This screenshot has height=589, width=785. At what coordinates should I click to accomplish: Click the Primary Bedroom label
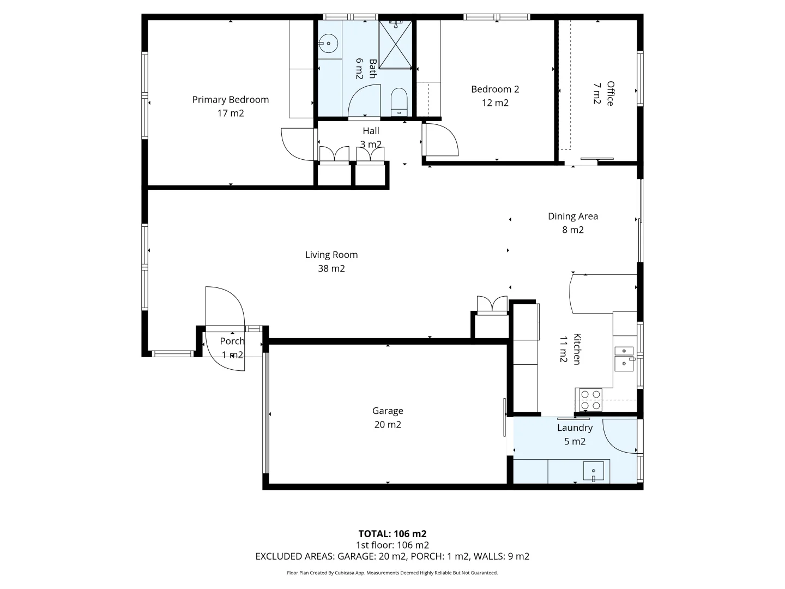click(230, 100)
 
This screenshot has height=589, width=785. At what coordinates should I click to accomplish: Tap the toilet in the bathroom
click(399, 103)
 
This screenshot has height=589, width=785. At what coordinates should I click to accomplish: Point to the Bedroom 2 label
click(495, 89)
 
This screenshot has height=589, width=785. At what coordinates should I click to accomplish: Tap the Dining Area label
click(572, 217)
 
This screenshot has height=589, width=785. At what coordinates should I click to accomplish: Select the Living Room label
click(331, 255)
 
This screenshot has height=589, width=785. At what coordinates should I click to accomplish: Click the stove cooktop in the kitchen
click(590, 399)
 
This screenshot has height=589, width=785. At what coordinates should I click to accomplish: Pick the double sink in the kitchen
click(624, 357)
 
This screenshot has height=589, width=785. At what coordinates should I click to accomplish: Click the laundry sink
click(593, 470)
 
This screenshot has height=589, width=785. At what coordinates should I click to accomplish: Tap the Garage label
click(388, 411)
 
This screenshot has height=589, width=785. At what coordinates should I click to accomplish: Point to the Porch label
click(232, 341)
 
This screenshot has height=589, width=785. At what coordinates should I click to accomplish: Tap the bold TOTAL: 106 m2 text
click(392, 534)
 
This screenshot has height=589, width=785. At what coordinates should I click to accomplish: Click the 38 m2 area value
click(331, 268)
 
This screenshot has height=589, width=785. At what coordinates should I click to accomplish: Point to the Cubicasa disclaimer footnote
click(392, 573)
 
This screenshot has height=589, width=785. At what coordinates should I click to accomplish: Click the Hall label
click(371, 131)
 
